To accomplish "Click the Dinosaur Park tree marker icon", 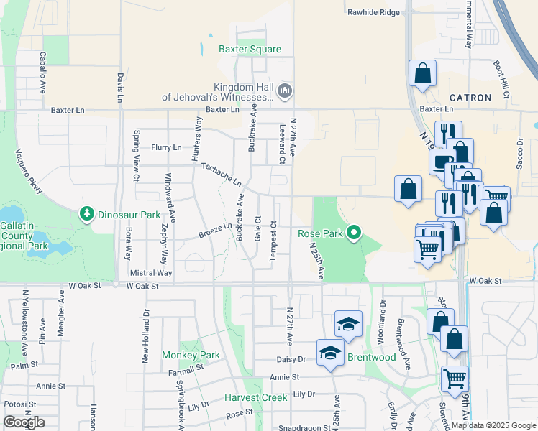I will [87, 214].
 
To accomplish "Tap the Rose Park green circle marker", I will [353, 233].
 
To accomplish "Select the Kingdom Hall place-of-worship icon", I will [284, 91].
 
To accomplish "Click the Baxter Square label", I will [240, 50].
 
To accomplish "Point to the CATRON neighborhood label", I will [470, 98].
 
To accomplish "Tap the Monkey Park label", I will [191, 355].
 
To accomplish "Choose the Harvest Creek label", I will [255, 397].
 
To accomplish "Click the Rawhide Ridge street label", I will [373, 13].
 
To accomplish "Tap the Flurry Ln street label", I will [166, 147].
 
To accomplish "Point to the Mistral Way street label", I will [151, 273].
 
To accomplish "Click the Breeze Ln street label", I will [215, 231].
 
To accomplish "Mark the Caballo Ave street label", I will [43, 73].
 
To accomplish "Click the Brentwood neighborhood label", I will [371, 357].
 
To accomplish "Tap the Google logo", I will [24, 422].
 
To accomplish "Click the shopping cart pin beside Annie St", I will [455, 378].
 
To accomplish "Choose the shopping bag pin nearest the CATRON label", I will [422, 73].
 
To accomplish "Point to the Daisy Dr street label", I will [291, 358].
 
